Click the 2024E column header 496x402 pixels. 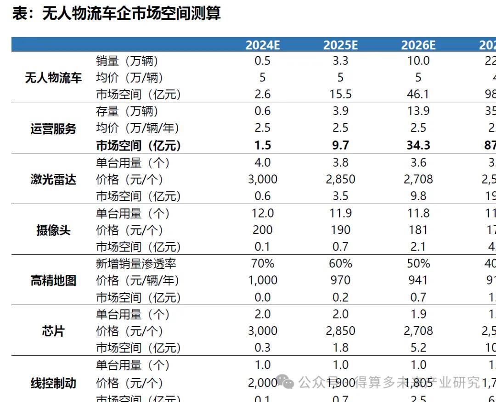coord(263,45)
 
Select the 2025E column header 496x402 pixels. coord(340,45)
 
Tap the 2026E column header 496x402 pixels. coord(418,45)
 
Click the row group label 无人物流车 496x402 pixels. coord(53,78)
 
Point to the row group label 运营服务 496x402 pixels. coord(53,129)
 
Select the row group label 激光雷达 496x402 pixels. coord(53,179)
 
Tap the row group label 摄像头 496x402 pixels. coord(53,230)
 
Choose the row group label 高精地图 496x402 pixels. coord(53,280)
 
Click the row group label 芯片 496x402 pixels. coord(53,331)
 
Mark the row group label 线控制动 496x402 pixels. coord(53,383)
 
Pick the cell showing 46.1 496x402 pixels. coord(418,95)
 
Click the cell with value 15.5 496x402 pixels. coord(340,95)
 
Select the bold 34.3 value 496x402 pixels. coord(418,145)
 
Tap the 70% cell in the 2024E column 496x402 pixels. coord(263,263)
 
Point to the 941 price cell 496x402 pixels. coord(418,280)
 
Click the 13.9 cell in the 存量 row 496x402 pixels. coord(418,112)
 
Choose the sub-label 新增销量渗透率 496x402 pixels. coord(136,263)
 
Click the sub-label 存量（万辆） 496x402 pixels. coord(127,112)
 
